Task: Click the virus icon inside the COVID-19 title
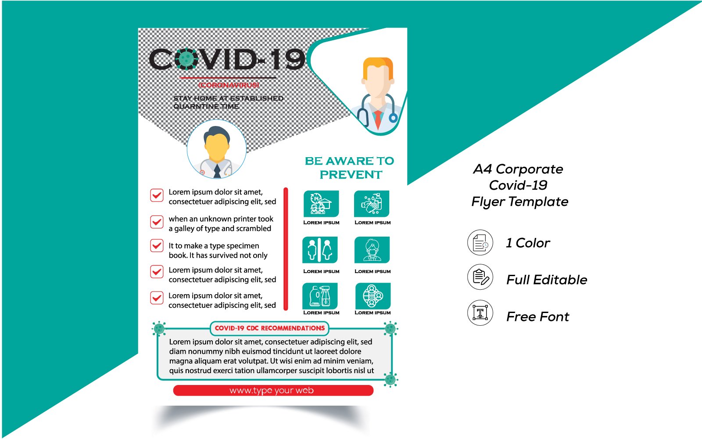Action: point(186,59)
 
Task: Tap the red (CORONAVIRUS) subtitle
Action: point(229,85)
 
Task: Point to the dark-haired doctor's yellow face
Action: point(216,148)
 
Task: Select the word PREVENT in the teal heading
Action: point(351,175)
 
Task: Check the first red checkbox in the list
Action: point(157,195)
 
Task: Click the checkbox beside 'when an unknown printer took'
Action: point(157,222)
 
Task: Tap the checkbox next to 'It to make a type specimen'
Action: point(157,245)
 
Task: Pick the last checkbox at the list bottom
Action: point(157,298)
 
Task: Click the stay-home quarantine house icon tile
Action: point(321,203)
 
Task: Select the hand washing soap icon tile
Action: point(372,203)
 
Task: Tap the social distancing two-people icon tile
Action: point(320,250)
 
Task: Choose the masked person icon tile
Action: point(372,250)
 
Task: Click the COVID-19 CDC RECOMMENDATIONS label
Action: point(270,328)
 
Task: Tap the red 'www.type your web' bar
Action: point(273,390)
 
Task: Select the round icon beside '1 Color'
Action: point(480,242)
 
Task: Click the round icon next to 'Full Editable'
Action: point(480,277)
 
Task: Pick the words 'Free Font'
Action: point(537,317)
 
